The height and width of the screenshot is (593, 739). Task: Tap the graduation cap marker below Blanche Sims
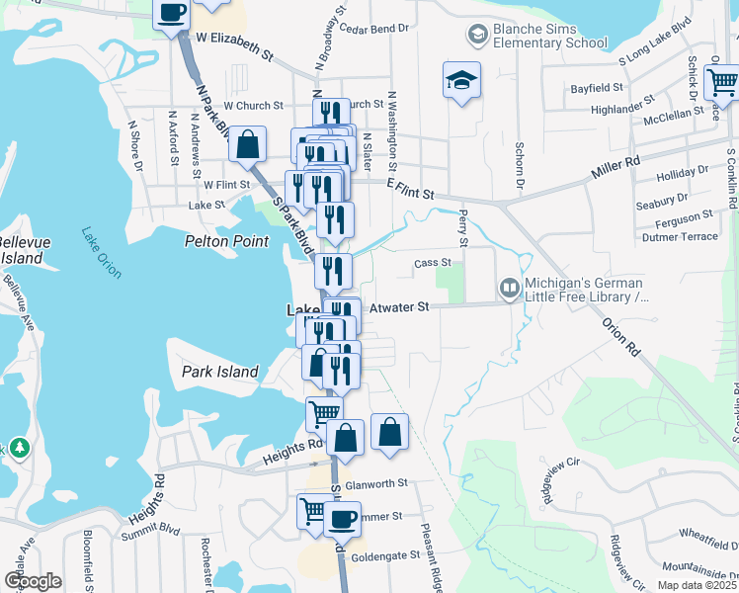(461, 81)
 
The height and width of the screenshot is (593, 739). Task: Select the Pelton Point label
(227, 240)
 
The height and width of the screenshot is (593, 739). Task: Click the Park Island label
(219, 372)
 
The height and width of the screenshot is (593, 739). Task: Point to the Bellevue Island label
(20, 250)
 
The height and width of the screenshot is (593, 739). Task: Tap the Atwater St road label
(398, 307)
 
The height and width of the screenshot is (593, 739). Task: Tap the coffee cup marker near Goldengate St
(343, 518)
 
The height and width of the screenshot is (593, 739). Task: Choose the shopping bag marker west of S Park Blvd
(247, 144)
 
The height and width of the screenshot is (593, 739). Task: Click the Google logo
(33, 581)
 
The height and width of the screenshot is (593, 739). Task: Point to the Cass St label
(432, 263)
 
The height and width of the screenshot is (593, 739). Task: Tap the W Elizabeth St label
(233, 45)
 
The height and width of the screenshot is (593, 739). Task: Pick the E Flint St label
(410, 189)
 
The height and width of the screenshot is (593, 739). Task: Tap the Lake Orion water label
(101, 251)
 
